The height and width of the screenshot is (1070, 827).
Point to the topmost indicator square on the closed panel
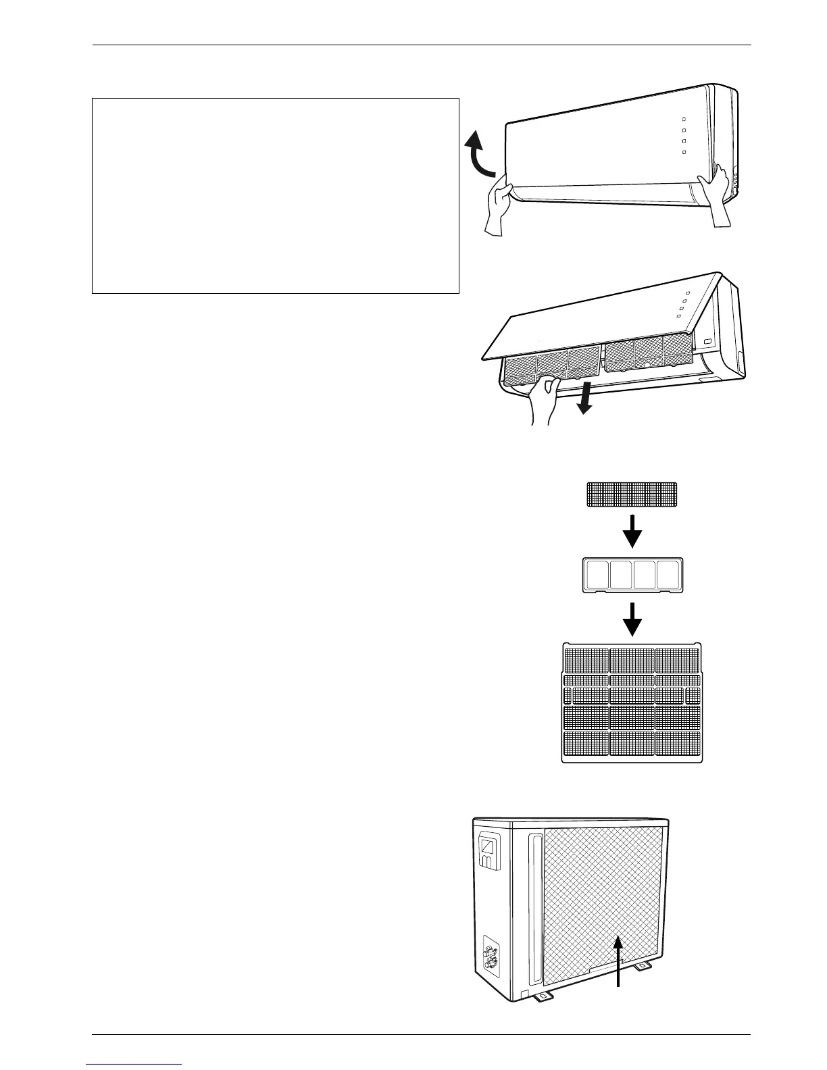(x=684, y=119)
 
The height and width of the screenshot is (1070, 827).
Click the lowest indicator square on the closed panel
(x=684, y=153)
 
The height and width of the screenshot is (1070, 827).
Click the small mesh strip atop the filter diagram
(x=632, y=494)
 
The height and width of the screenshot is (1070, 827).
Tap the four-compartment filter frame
(x=632, y=576)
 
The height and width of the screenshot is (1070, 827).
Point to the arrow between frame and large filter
(x=632, y=619)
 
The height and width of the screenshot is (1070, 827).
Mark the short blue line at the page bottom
(x=134, y=1064)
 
